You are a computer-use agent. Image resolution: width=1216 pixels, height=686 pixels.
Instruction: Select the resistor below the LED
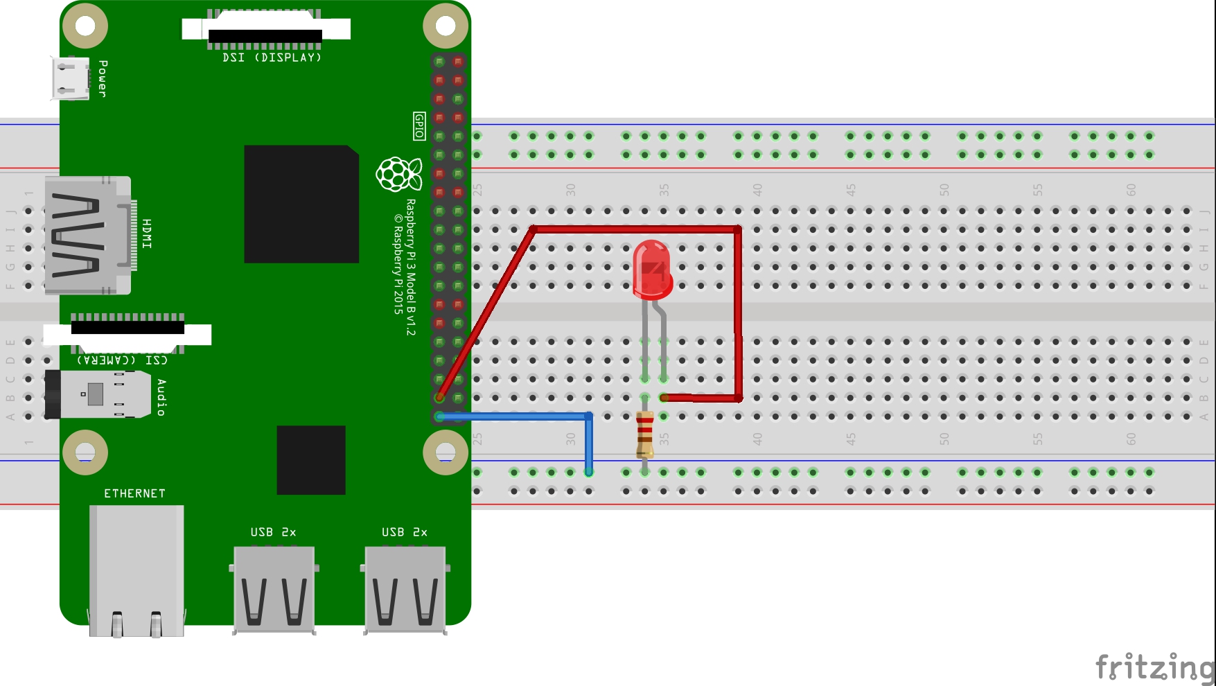click(644, 434)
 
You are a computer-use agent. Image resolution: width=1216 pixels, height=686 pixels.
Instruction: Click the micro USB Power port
click(70, 78)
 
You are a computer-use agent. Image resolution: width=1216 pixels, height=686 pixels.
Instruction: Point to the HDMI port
click(87, 235)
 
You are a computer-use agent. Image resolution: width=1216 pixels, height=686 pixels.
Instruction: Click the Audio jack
click(98, 394)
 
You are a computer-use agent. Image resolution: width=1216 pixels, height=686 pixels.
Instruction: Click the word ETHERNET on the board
click(134, 493)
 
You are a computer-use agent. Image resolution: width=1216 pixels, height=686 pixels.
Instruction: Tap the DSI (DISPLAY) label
click(272, 58)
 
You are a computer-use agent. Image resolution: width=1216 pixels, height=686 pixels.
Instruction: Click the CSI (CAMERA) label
click(122, 360)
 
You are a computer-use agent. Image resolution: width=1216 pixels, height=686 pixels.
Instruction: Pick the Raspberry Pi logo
click(398, 174)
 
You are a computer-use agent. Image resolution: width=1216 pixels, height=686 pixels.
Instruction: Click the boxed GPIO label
click(418, 126)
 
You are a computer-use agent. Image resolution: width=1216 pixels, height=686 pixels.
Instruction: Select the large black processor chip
click(301, 204)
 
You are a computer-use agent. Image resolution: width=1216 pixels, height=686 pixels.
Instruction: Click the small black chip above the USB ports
click(310, 460)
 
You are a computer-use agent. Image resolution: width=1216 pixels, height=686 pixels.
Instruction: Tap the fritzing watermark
click(1154, 667)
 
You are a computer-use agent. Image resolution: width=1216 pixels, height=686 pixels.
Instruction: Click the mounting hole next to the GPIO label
click(446, 26)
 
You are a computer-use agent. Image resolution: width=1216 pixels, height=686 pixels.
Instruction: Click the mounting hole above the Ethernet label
click(85, 452)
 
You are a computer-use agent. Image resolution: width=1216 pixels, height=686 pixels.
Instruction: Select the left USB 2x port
click(274, 589)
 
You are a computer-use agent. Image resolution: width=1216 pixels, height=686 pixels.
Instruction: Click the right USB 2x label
click(404, 532)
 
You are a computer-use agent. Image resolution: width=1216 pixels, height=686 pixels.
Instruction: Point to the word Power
click(103, 78)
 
